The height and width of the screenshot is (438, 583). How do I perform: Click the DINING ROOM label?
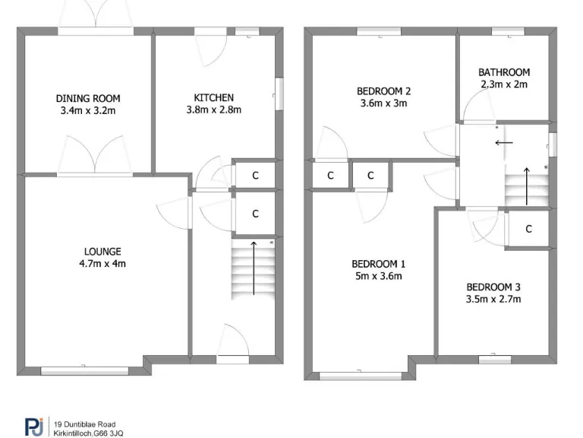88,98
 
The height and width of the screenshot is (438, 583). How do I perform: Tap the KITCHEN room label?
213,97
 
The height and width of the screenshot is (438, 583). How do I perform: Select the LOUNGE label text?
102,252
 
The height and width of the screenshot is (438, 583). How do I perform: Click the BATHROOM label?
504,72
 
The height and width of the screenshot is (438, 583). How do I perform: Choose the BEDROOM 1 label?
378,264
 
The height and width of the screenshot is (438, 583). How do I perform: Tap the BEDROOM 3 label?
493,287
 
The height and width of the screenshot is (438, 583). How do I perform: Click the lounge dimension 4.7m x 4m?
102,265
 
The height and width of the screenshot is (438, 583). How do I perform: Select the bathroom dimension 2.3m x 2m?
504,84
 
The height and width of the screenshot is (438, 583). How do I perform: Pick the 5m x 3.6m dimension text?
378,276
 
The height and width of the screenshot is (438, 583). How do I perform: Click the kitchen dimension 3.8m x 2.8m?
213,109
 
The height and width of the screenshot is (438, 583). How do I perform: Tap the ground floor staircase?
253,269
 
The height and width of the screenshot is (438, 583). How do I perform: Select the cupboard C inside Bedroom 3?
528,229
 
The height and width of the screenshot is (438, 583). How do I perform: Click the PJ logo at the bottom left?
33,427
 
